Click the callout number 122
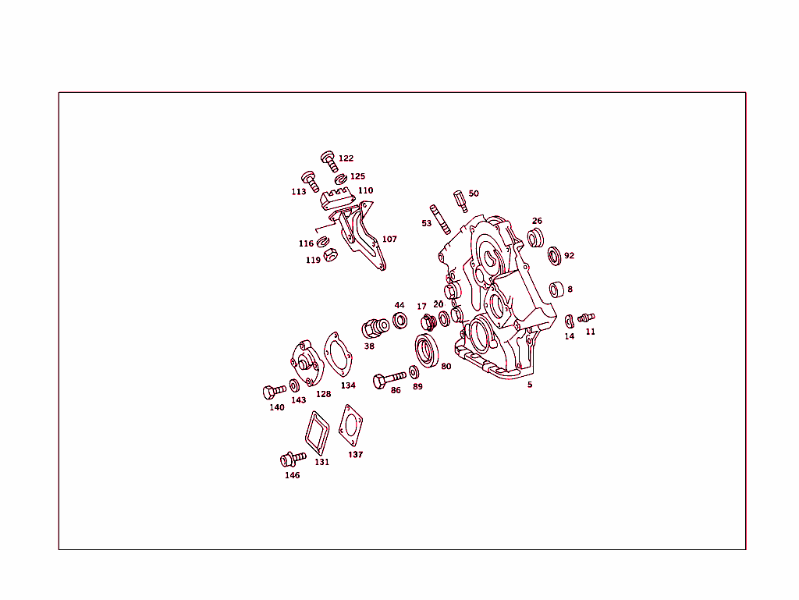(x=346, y=158)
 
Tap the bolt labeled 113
(x=311, y=181)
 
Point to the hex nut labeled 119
(x=331, y=254)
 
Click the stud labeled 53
(x=440, y=219)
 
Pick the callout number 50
(x=474, y=193)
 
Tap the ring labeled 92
(x=555, y=256)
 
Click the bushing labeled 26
(x=535, y=238)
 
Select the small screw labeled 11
(x=586, y=318)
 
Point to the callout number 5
(x=530, y=385)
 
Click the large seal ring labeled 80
(x=427, y=350)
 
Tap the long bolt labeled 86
(x=390, y=379)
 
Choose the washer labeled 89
(x=414, y=372)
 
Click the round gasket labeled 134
(x=338, y=356)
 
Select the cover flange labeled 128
(x=307, y=363)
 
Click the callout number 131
(x=322, y=462)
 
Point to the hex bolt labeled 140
(x=275, y=392)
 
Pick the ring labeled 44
(x=400, y=321)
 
